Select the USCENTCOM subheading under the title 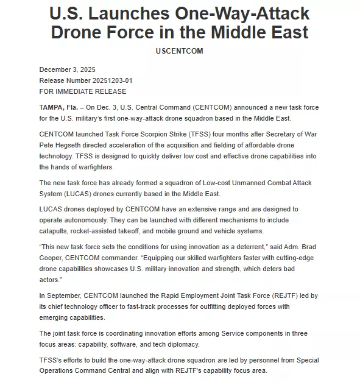pos(180,51)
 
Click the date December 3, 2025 pos(67,69)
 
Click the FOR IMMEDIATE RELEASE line pos(82,91)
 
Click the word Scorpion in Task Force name pos(148,134)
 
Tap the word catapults pos(54,232)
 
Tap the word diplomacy pos(185,345)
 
